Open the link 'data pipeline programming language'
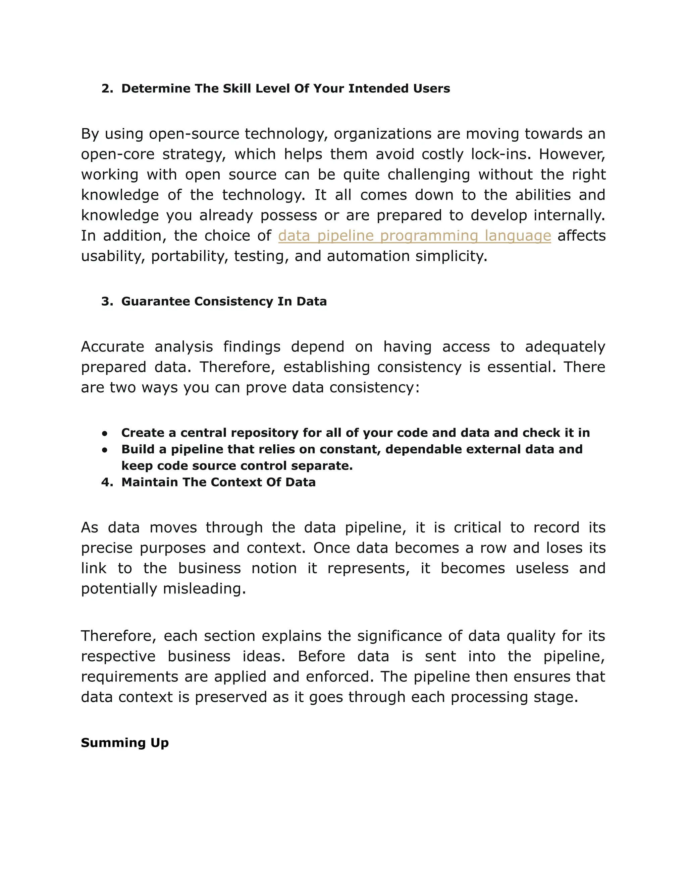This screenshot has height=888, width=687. click(414, 236)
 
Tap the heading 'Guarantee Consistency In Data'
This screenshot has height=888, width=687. click(224, 301)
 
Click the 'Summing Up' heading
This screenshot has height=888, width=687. click(124, 743)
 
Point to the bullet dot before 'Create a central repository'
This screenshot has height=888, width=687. click(105, 433)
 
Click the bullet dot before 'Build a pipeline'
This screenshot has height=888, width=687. click(105, 450)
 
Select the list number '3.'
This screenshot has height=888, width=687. click(107, 301)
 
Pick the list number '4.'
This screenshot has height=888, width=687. click(107, 482)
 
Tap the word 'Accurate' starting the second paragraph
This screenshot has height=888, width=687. click(112, 347)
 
